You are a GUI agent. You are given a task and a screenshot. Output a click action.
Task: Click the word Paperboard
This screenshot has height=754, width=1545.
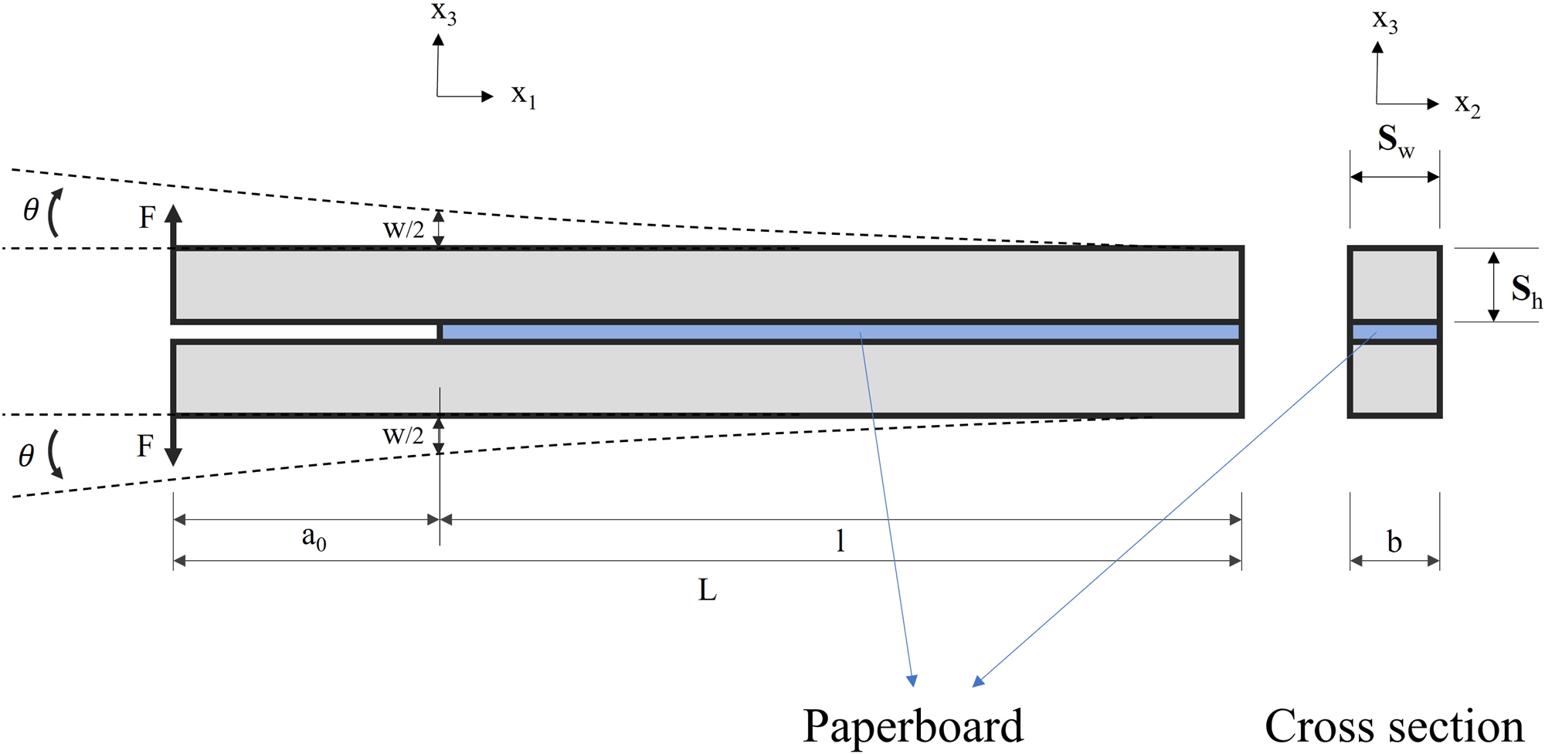click(x=913, y=726)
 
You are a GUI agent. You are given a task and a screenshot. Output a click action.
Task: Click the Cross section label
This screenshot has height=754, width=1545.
click(x=1394, y=726)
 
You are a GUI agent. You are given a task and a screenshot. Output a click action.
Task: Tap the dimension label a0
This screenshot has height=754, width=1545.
click(x=314, y=538)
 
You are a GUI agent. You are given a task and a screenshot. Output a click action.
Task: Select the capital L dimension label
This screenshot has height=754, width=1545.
click(x=707, y=591)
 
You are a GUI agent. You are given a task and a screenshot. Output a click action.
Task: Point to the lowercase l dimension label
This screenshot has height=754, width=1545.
click(x=840, y=540)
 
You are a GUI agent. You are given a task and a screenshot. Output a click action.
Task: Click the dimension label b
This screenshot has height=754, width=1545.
click(x=1394, y=542)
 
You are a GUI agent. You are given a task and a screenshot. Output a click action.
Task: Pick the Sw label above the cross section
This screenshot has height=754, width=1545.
click(x=1395, y=141)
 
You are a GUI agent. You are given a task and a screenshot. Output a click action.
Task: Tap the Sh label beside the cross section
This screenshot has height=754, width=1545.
click(x=1526, y=290)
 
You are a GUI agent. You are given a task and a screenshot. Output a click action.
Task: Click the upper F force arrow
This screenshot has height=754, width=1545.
click(x=174, y=225)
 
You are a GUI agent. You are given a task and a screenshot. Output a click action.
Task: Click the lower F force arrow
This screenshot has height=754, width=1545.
click(x=174, y=441)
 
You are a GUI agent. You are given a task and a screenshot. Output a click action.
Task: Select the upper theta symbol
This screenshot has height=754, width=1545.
click(x=31, y=210)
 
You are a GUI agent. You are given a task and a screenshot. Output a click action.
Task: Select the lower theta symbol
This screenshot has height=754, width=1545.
click(x=26, y=456)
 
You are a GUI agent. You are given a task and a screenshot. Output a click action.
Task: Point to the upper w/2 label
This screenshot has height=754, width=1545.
click(x=403, y=229)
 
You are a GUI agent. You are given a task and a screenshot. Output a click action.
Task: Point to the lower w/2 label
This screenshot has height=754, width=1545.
click(x=403, y=436)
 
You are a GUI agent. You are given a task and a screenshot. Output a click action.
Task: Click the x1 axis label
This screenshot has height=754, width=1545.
click(x=523, y=96)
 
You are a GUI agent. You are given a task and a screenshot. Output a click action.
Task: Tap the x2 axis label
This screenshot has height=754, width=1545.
click(x=1467, y=104)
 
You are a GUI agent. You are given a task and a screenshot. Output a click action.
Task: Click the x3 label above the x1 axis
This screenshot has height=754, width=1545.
click(x=443, y=13)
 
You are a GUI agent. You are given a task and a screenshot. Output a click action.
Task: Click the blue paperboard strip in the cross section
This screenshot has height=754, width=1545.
click(x=1394, y=332)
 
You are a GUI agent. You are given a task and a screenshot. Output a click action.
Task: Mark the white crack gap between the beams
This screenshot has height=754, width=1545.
click(x=305, y=331)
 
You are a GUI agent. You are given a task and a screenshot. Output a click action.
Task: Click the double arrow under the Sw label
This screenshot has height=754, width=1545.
click(x=1394, y=177)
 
